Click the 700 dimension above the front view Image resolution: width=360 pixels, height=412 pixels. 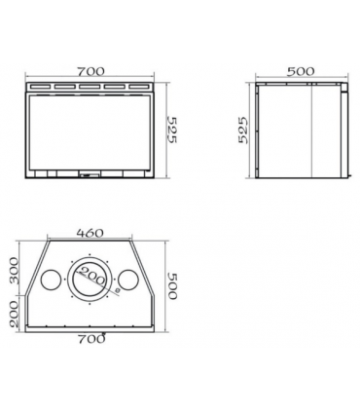pyautogui.click(x=90, y=71)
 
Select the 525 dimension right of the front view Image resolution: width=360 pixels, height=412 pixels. pyautogui.click(x=171, y=130)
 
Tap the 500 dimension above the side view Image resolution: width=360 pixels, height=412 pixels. pyautogui.click(x=301, y=71)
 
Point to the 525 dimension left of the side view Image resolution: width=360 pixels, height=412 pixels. pyautogui.click(x=243, y=130)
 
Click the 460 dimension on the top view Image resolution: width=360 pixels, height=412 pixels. pyautogui.click(x=90, y=233)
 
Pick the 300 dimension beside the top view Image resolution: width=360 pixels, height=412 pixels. pyautogui.click(x=14, y=271)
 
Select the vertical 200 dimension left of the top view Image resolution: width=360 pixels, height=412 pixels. pyautogui.click(x=14, y=314)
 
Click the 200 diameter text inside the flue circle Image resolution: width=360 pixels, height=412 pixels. pyautogui.click(x=92, y=276)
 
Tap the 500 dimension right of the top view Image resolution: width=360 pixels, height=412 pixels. pyautogui.click(x=172, y=285)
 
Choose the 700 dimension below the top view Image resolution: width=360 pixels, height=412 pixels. pyautogui.click(x=91, y=339)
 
